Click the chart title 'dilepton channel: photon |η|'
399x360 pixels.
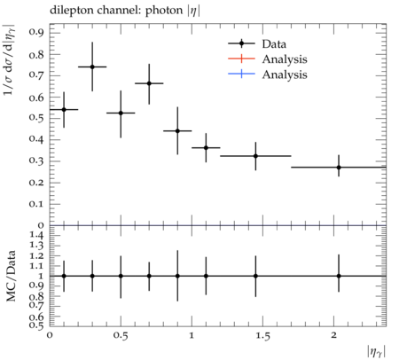125,11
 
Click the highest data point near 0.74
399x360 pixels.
92,67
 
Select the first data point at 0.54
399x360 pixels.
64,110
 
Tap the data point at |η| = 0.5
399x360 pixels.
121,113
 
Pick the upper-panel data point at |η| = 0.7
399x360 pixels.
149,83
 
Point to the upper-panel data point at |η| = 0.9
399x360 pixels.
177,130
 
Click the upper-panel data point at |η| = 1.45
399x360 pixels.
255,156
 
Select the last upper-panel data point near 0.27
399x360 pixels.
339,168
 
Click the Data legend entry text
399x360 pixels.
274,44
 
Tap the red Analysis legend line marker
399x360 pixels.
241,59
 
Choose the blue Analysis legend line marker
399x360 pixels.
241,74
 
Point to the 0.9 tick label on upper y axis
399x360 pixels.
36,32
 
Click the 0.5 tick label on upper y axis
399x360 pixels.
36,118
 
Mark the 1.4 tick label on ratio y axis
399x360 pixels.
36,235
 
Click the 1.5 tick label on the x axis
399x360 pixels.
262,336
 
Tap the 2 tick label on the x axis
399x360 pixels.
333,335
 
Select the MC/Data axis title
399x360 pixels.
11,276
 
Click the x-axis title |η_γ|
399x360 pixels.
376,352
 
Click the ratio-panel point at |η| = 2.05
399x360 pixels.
339,276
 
